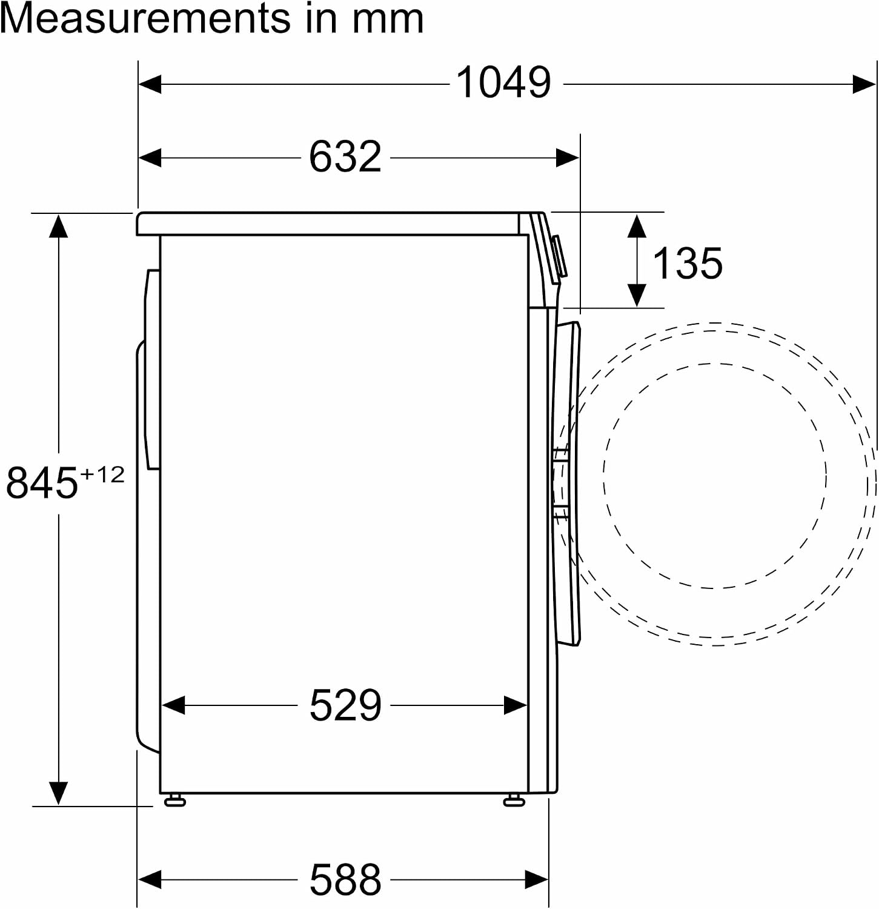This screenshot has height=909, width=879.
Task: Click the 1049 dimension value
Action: tap(503, 82)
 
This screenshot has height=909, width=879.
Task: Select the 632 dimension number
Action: tap(345, 157)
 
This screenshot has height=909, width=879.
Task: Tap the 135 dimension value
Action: tap(688, 263)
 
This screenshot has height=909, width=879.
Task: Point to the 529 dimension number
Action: tap(345, 705)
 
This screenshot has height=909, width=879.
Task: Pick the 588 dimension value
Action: tap(345, 879)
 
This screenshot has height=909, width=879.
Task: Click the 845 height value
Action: tap(42, 482)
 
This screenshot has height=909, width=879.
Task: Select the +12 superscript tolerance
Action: tap(102, 474)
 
